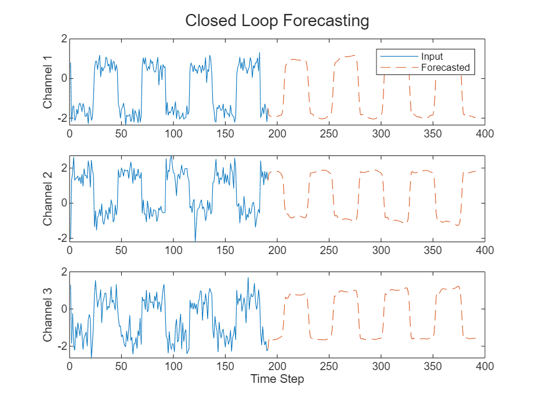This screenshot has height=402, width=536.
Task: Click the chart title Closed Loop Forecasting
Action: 277,21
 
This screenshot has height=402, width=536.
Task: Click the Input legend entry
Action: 432,57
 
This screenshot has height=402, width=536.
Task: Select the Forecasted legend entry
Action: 445,68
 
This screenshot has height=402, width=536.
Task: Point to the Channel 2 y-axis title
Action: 48,198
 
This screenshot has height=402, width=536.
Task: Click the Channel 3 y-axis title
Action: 48,314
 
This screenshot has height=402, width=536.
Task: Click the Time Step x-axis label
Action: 277,379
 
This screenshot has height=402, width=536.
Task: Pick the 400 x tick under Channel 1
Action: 484,133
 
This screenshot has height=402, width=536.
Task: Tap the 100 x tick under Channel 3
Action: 173,366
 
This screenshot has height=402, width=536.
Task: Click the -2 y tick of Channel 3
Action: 62,346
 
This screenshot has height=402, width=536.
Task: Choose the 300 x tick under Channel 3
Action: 381,366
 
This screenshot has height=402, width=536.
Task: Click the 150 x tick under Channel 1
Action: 225,133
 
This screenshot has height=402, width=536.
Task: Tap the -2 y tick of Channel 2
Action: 62,238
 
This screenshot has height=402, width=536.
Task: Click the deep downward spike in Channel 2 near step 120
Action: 195,240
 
